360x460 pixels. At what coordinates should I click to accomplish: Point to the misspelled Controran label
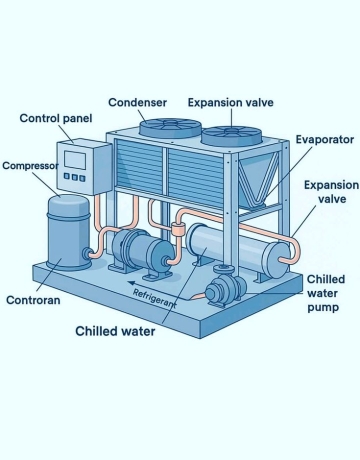(x=37, y=299)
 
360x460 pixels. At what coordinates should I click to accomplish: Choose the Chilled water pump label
(x=326, y=293)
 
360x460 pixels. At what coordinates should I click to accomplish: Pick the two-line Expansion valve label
(x=330, y=193)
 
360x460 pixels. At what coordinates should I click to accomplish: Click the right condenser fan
(x=231, y=133)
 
